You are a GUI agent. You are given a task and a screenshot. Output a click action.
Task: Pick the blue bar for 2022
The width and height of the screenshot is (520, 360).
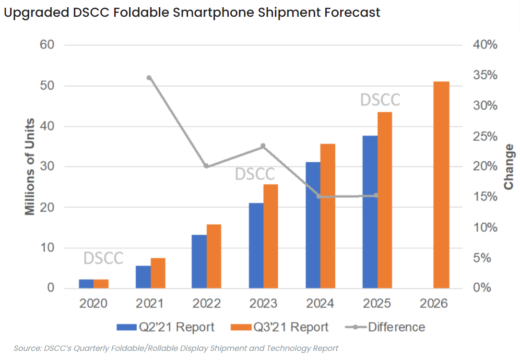click(199, 262)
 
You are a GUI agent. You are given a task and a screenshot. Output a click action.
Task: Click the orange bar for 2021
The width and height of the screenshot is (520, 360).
click(158, 273)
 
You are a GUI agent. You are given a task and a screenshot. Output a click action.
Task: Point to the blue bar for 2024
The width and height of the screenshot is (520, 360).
click(313, 225)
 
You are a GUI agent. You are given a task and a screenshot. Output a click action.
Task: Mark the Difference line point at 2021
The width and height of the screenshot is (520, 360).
click(149, 78)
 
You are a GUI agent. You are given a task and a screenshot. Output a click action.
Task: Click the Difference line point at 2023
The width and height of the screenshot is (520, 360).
click(263, 146)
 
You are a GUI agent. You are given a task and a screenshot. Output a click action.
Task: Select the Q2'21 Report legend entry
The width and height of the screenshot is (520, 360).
click(165, 327)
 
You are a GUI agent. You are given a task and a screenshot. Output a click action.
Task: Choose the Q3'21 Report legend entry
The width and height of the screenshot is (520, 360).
click(280, 327)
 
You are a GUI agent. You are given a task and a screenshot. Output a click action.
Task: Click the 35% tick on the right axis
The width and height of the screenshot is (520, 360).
click(485, 76)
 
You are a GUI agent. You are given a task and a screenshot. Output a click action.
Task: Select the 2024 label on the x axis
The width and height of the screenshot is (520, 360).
click(320, 304)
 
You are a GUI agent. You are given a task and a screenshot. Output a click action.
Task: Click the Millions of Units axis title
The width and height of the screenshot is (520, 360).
click(30, 167)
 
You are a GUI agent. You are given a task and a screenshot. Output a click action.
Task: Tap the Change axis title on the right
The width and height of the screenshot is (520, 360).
click(508, 167)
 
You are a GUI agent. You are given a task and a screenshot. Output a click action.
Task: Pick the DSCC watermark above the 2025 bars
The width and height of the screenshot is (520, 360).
click(380, 100)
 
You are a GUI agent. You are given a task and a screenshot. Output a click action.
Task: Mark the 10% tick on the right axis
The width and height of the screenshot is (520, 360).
click(485, 228)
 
